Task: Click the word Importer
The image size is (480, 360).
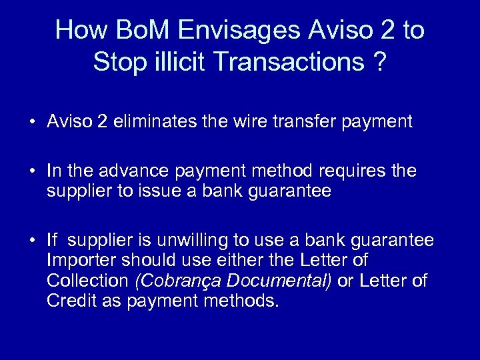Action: (77, 260)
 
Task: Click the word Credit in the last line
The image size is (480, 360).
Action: (68, 301)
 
